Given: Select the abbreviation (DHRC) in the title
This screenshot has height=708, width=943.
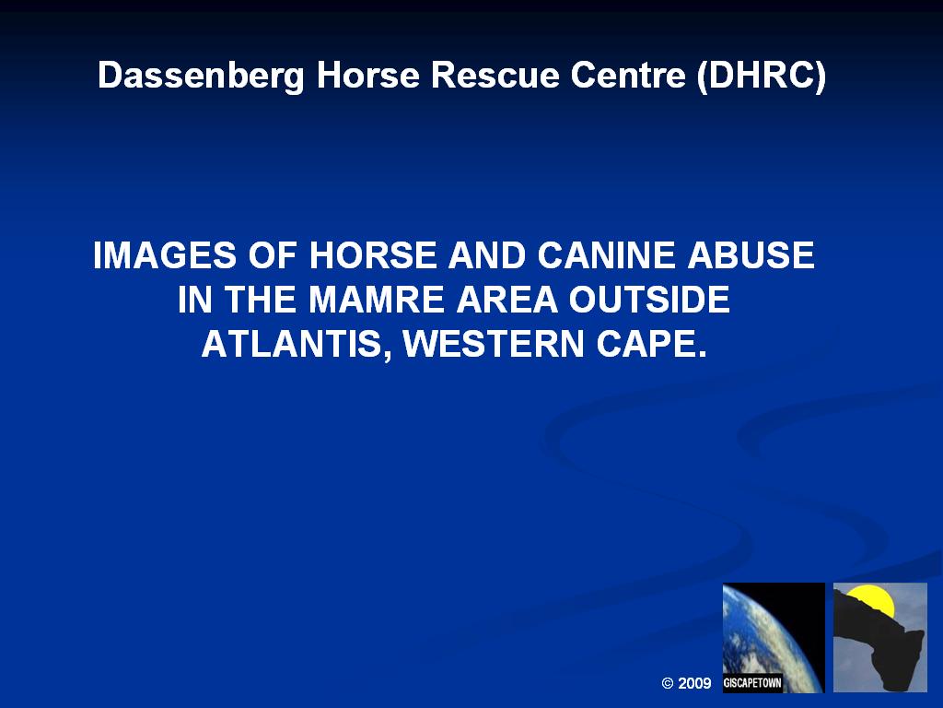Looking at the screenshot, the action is (x=761, y=77).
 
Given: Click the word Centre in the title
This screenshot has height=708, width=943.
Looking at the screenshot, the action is (x=628, y=76).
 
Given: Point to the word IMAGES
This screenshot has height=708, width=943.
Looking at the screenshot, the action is (x=165, y=254).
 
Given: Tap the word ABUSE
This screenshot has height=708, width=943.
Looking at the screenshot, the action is (x=751, y=254).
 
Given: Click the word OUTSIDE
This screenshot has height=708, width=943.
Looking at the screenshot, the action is (x=649, y=300).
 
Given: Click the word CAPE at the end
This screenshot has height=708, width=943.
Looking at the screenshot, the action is (x=651, y=344).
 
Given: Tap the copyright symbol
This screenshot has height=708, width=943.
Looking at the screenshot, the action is (x=667, y=683).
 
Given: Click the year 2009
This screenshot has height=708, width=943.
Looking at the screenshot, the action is (x=694, y=683).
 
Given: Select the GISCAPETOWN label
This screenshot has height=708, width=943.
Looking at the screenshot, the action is (x=752, y=683).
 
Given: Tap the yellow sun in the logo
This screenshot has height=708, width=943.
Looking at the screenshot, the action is (x=873, y=602).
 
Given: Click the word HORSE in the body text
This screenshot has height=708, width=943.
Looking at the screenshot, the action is (x=373, y=254).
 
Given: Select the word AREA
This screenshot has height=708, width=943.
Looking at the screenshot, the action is (x=506, y=300).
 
